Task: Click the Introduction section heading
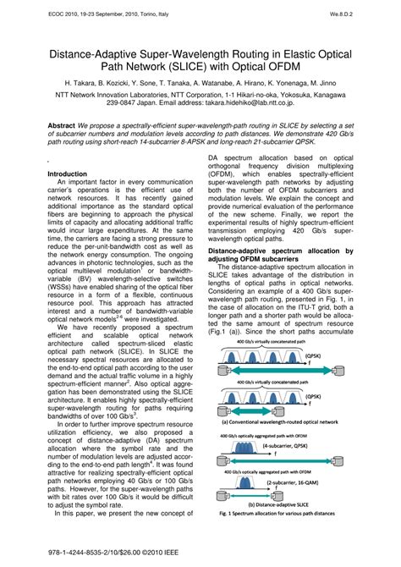click(x=67, y=173)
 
